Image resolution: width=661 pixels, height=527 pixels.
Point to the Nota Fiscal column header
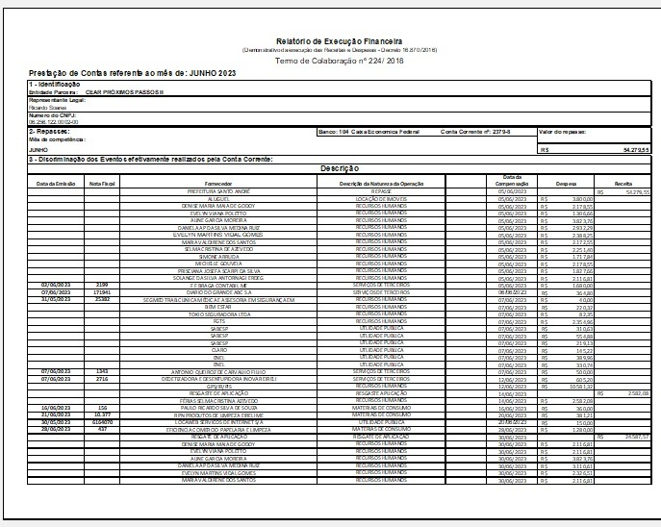[102, 183]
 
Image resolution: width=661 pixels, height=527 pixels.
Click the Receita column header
[623, 183]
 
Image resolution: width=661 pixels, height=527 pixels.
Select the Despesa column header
[566, 183]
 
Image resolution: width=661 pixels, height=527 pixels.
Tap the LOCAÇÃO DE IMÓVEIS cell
[383, 198]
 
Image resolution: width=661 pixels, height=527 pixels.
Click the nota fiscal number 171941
[102, 292]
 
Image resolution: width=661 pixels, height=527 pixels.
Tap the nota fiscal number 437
[102, 429]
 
